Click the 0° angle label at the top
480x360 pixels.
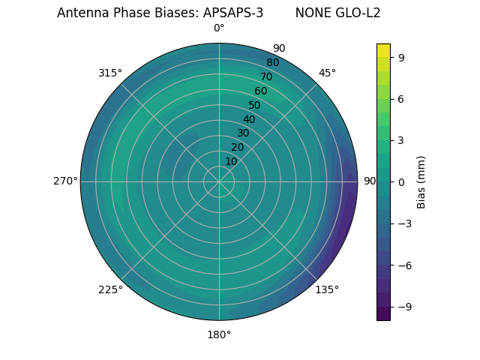[x=219, y=28]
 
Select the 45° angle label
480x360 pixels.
[x=327, y=73]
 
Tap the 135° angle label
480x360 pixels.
[x=327, y=289]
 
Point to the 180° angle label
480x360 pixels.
[x=219, y=334]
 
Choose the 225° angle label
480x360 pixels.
[x=110, y=289]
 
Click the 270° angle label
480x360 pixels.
[x=65, y=181]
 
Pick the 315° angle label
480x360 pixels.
[x=110, y=73]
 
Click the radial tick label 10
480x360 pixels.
[x=231, y=161]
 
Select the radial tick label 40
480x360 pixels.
[x=249, y=120]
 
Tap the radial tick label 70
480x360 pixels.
[x=266, y=77]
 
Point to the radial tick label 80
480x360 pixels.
[x=272, y=63]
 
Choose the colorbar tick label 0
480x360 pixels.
[x=401, y=181]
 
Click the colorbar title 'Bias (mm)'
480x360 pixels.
[x=421, y=181]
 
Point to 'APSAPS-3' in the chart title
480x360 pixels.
[x=233, y=13]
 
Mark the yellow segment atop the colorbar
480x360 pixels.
[x=383, y=49]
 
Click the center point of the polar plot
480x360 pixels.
[x=219, y=181]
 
